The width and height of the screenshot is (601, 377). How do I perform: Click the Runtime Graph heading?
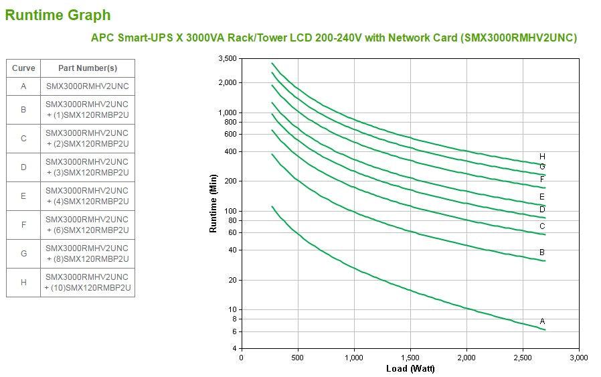tap(58, 15)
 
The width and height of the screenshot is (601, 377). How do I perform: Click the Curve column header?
tap(23, 68)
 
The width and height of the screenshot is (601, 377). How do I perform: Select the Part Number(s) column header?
tap(87, 68)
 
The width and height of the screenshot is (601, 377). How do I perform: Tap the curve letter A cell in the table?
tap(23, 86)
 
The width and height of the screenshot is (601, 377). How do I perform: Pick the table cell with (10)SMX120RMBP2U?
tap(87, 283)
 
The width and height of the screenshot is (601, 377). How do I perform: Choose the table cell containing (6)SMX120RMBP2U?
tap(87, 225)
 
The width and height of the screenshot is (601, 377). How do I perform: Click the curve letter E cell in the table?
tap(23, 196)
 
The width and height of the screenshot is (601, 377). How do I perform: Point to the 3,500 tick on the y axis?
tap(227, 59)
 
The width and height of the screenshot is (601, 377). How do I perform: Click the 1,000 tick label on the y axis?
tap(227, 112)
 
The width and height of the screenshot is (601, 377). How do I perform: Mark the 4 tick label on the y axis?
tap(234, 349)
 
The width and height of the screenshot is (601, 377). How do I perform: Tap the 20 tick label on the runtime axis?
tap(232, 280)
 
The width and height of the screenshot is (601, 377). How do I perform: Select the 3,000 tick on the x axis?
tap(578, 358)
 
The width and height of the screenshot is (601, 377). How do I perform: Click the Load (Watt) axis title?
tap(410, 369)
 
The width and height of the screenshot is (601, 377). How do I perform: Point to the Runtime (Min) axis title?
tap(213, 204)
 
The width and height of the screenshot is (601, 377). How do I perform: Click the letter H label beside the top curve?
tap(542, 157)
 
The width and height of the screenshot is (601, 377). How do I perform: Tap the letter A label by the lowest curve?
tap(542, 321)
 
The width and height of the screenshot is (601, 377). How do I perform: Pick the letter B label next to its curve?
tap(542, 252)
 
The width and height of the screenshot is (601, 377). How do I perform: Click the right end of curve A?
tap(545, 329)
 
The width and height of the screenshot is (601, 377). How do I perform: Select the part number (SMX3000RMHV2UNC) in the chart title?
tap(519, 37)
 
